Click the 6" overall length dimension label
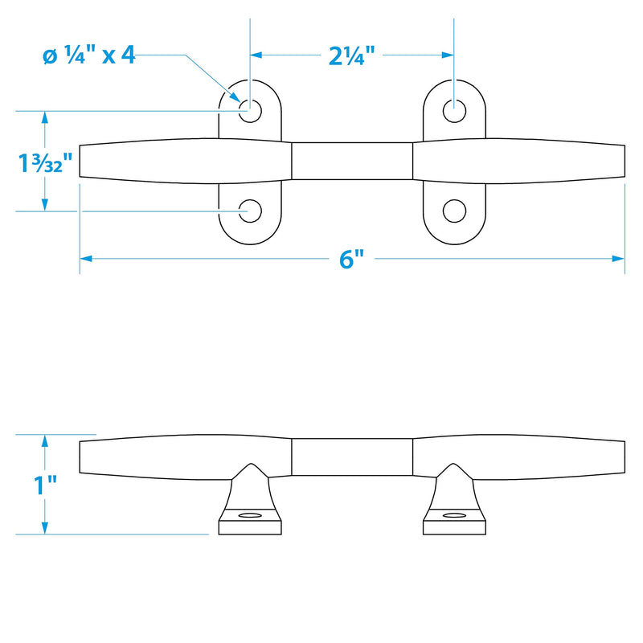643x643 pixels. [x=351, y=259]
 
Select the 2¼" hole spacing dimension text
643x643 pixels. [x=352, y=55]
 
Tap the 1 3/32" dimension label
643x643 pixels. [x=45, y=162]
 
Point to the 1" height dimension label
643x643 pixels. [x=45, y=485]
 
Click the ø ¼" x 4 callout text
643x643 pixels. [x=89, y=55]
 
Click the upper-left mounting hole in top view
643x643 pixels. [x=250, y=111]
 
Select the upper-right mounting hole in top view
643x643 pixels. [x=454, y=111]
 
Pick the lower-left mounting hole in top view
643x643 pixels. [x=250, y=211]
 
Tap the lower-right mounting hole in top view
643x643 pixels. [x=454, y=211]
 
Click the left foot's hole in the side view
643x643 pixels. [x=250, y=514]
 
